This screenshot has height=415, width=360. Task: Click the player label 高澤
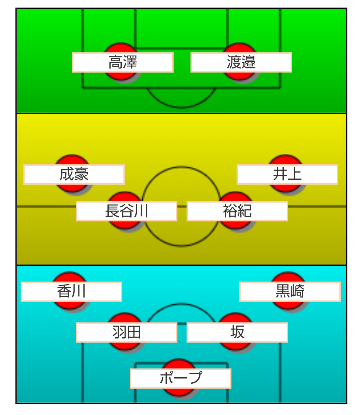click(122, 62)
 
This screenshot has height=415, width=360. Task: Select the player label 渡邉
click(241, 62)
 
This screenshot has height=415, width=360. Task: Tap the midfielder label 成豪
click(74, 174)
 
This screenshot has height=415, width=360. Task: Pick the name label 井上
click(287, 174)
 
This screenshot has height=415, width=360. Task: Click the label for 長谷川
click(127, 211)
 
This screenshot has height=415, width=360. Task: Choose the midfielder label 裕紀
click(237, 211)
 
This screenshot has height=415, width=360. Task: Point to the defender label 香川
click(71, 292)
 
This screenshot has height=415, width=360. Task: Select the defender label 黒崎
click(290, 292)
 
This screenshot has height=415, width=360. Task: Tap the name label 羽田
click(127, 332)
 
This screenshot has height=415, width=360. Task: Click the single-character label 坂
click(237, 332)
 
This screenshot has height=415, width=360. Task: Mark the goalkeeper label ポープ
click(181, 378)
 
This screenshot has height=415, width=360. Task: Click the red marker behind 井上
click(285, 160)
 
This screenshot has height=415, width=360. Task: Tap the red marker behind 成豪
click(72, 160)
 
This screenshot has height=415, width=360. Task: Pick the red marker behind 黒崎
click(288, 277)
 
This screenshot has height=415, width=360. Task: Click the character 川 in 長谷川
click(141, 211)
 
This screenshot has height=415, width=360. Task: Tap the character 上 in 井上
click(295, 174)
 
